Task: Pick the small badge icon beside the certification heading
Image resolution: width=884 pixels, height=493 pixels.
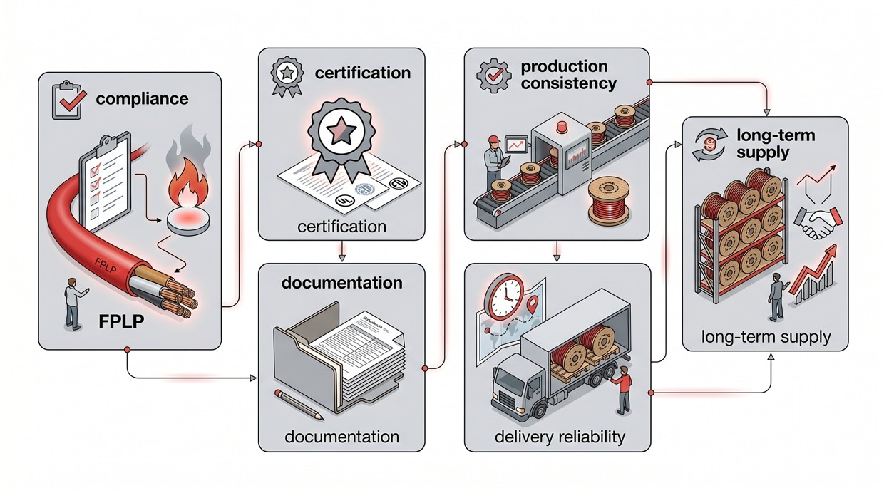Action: click(285, 74)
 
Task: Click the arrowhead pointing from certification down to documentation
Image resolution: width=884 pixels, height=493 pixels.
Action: click(343, 254)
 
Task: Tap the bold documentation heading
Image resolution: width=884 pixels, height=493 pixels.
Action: click(341, 283)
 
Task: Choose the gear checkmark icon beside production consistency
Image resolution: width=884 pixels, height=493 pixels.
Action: click(493, 74)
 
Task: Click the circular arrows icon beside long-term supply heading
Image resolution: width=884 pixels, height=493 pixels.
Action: click(707, 143)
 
